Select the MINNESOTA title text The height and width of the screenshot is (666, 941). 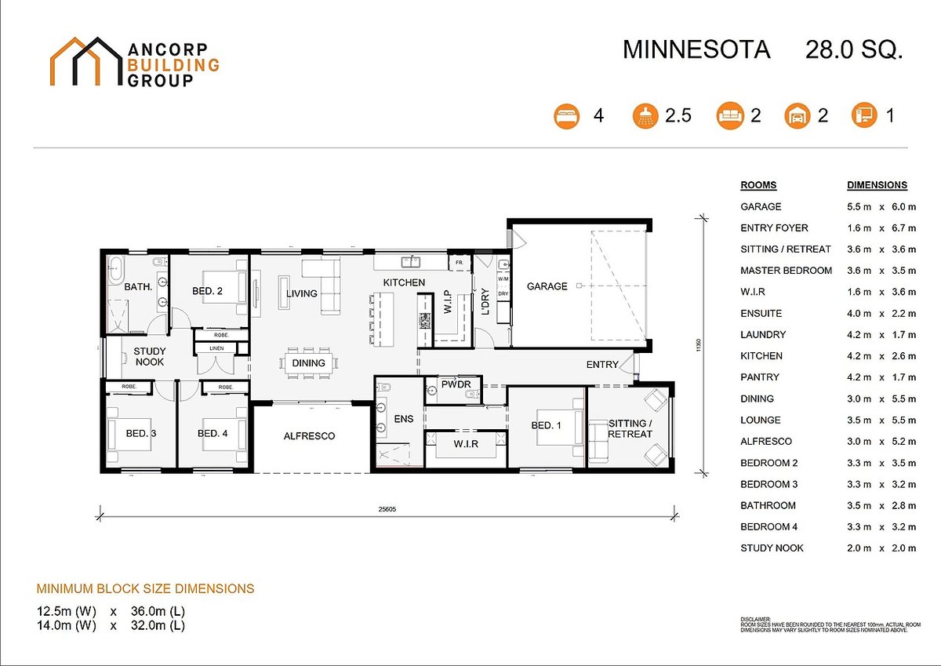coord(696,49)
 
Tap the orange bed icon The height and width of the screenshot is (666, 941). coord(566,116)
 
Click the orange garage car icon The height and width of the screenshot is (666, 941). coord(796,116)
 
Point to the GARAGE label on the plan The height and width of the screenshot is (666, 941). coord(547,286)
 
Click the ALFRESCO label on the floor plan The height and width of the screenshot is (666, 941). coord(309,435)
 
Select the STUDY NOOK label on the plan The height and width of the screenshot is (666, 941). coord(149,357)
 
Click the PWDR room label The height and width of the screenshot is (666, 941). coord(455,385)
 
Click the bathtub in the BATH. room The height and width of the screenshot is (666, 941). coord(115,268)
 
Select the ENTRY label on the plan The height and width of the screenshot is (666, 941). coord(602,364)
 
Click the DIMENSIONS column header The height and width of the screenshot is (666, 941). coord(877,186)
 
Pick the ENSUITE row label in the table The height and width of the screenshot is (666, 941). coord(761,313)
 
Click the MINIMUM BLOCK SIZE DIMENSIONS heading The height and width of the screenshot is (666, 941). coord(145,588)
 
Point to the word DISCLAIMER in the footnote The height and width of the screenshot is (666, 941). coord(756,619)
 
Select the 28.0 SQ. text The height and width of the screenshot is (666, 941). coord(854,49)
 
